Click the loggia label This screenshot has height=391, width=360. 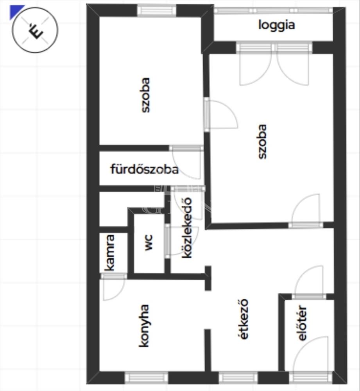pyautogui.click(x=276, y=25)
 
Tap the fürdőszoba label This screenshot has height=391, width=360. pyautogui.click(x=144, y=169)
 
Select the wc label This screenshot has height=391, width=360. pyautogui.click(x=148, y=242)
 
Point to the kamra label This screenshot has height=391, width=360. pyautogui.click(x=109, y=253)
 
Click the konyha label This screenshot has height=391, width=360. pyautogui.click(x=144, y=326)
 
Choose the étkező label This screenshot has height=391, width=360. pyautogui.click(x=244, y=319)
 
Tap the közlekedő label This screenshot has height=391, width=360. pyautogui.click(x=187, y=228)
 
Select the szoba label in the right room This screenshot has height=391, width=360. pyautogui.click(x=262, y=142)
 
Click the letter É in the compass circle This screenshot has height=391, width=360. pyautogui.click(x=36, y=30)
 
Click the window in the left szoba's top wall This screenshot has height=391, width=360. pyautogui.click(x=157, y=11)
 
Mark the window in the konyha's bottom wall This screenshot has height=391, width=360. pyautogui.click(x=146, y=378)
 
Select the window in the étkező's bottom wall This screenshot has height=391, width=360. pyautogui.click(x=238, y=378)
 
